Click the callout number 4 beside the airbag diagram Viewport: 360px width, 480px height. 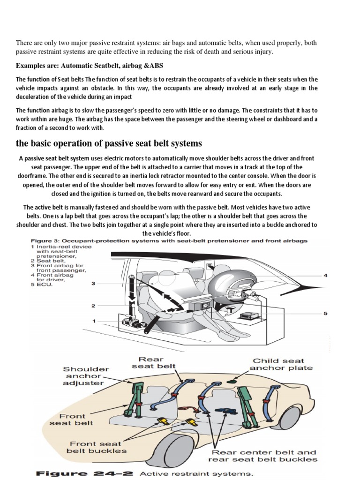coord(325,276)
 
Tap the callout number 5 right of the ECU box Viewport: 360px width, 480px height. coord(325,314)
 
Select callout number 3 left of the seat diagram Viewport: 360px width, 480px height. coord(93,284)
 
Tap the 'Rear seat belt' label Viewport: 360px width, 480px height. coord(161,362)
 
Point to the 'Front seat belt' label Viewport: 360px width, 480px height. coord(71,419)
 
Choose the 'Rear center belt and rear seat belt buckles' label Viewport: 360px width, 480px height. coord(264,456)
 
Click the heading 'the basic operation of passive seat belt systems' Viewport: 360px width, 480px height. coord(109,143)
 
